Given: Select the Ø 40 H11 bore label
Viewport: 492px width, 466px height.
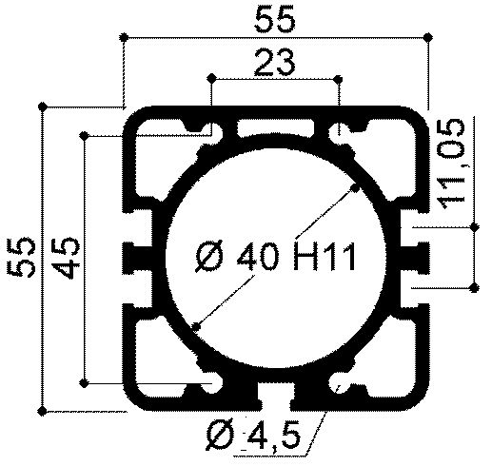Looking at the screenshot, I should click(x=275, y=256).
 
